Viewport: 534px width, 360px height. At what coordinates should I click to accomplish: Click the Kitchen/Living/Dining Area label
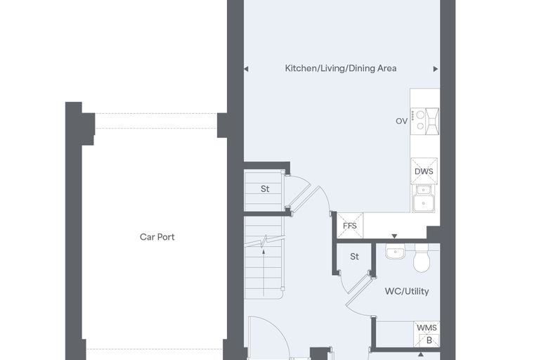coord(341,68)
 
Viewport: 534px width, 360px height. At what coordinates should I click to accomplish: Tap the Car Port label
coord(157,237)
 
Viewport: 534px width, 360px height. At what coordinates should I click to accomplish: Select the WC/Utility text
coord(407,292)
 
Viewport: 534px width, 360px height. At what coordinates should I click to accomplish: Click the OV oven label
coord(401,121)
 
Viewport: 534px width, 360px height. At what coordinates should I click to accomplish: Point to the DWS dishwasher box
coord(424,171)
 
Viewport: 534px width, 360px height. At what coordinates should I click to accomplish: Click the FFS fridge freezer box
coord(350,226)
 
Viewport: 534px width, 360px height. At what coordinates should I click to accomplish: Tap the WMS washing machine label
coord(426,328)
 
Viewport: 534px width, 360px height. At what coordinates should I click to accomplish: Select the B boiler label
coord(429,340)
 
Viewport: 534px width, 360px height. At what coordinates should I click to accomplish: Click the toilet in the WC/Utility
coord(422,258)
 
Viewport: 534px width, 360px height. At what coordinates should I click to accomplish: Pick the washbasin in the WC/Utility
coord(395,251)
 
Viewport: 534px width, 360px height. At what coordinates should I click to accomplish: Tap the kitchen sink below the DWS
coord(424,198)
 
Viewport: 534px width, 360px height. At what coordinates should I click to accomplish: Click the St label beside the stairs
coord(265,189)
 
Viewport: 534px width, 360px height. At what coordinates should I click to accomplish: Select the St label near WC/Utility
coord(355,257)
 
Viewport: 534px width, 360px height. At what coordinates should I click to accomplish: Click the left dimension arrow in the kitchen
coord(246,69)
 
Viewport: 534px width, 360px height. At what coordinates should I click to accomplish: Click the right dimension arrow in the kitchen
coord(436,69)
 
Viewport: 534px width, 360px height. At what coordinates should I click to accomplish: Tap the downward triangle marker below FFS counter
coord(394,236)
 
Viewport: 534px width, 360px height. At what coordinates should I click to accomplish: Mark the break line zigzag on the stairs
coord(264,242)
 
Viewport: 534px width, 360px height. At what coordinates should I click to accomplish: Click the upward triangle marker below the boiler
coord(422,354)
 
